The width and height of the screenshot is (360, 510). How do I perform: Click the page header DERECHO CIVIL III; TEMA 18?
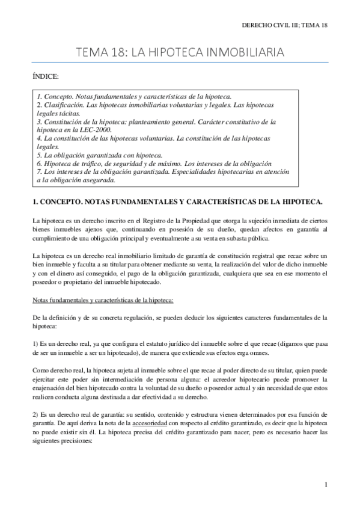[x=284, y=26]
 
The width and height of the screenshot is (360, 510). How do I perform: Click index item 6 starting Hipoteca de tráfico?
[x=154, y=163]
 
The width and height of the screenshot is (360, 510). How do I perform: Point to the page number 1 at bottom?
[x=325, y=485]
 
